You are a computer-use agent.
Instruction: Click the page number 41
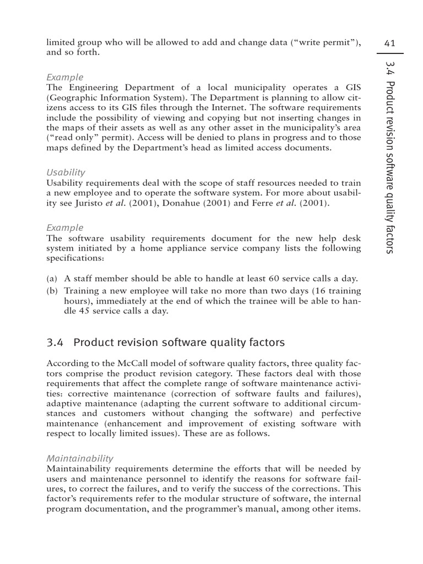click(x=389, y=43)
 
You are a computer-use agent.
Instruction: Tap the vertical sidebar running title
click(x=390, y=157)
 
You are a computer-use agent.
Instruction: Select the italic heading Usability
click(x=66, y=172)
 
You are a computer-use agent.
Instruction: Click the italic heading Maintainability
click(x=80, y=458)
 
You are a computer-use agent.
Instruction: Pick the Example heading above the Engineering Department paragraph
click(x=65, y=77)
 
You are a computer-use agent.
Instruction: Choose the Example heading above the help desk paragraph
click(x=65, y=227)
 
